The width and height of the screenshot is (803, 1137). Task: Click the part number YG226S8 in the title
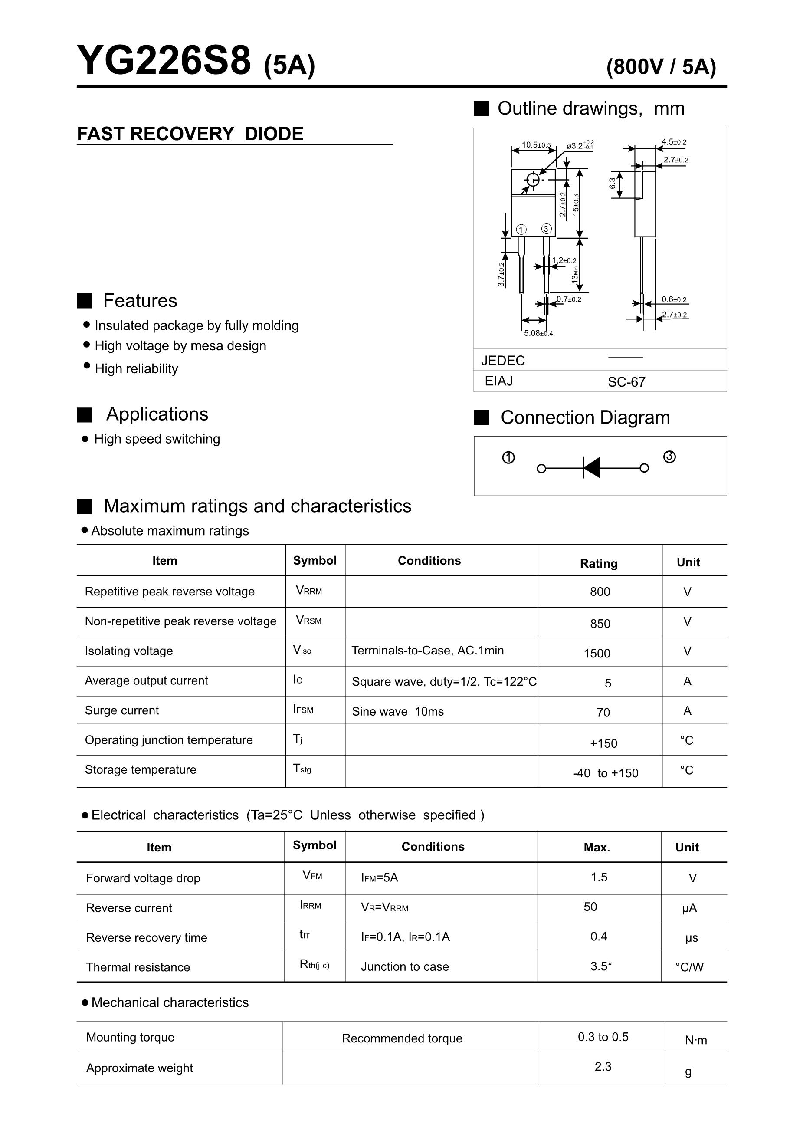pos(164,61)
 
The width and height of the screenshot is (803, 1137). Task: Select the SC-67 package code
pos(626,382)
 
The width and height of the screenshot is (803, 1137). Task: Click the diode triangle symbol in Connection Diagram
pos(592,467)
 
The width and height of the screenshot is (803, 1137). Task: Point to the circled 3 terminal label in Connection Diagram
pos(669,457)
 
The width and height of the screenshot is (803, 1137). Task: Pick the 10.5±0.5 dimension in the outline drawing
pos(536,145)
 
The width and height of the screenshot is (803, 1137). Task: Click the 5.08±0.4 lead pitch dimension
pos(538,333)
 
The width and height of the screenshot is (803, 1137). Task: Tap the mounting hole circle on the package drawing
pos(533,180)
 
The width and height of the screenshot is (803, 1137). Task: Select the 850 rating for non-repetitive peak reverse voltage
pos(600,624)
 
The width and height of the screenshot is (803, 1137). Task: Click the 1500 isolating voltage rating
pos(597,653)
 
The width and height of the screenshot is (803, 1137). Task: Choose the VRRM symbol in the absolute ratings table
pos(308,590)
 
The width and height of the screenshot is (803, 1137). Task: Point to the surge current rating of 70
pos(603,712)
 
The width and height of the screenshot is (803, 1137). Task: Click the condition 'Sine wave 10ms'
pos(397,711)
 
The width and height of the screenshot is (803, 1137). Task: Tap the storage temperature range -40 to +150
pos(605,773)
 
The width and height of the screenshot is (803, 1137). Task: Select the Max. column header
pos(597,847)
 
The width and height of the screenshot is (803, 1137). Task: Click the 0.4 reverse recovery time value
pos(599,936)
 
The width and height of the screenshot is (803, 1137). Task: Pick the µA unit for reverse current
pos(689,908)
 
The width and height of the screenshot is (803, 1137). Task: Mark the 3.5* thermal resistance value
pos(601,966)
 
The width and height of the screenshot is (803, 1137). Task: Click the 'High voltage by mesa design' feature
pos(180,345)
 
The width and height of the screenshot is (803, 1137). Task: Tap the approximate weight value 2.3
pos(603,1066)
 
